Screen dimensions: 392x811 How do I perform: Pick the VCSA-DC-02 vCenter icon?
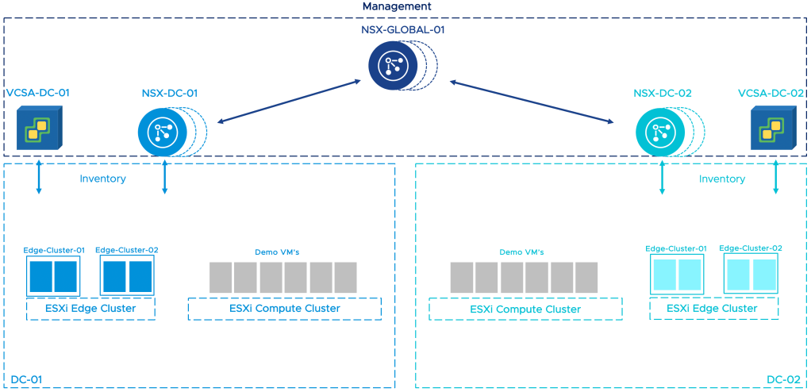pyautogui.click(x=772, y=127)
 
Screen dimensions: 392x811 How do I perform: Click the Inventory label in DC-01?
pyautogui.click(x=102, y=179)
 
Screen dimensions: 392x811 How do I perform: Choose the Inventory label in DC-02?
pyautogui.click(x=721, y=179)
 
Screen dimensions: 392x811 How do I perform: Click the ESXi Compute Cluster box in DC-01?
pyautogui.click(x=284, y=309)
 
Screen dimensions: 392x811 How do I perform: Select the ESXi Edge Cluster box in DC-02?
pyautogui.click(x=713, y=309)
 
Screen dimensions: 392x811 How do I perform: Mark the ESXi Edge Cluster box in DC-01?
pyautogui.click(x=90, y=309)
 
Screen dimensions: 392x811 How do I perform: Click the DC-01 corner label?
pyautogui.click(x=26, y=380)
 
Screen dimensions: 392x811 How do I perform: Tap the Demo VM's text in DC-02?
pyautogui.click(x=521, y=252)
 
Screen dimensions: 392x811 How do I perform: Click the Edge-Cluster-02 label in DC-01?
pyautogui.click(x=127, y=251)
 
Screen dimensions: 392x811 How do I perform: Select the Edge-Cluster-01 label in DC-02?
pyautogui.click(x=676, y=248)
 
